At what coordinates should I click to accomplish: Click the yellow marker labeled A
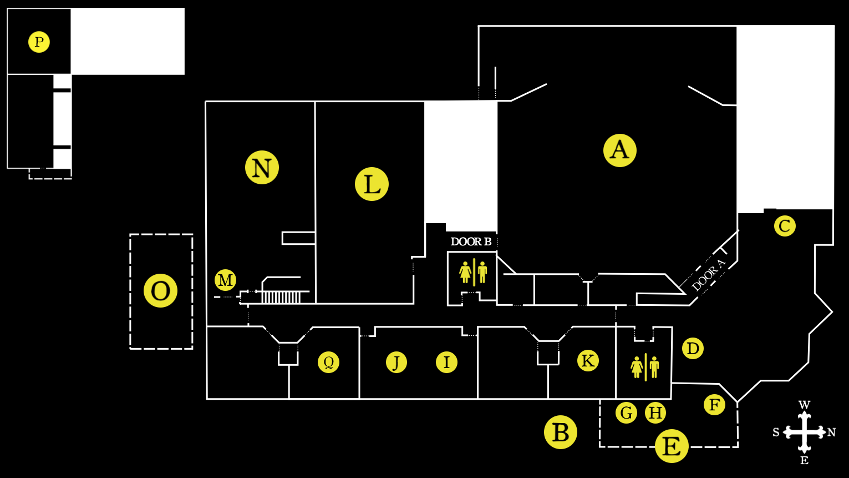coord(619,150)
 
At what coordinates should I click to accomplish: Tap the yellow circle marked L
coord(372,184)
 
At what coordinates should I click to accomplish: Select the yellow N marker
coord(262,168)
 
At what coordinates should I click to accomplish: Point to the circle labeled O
coord(160,291)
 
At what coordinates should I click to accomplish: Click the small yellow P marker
coord(39,42)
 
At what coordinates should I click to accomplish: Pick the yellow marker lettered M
coord(225,280)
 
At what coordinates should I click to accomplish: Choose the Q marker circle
coord(328,363)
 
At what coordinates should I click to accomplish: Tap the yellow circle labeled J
coord(396,363)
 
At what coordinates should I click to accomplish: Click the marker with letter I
coord(446,363)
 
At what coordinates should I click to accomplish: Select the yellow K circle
coord(588,361)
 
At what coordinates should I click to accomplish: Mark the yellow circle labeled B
coord(560,432)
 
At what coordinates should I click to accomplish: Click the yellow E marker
coord(672,446)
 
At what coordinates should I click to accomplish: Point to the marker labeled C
coord(785,226)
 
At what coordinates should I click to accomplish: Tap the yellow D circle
coord(693,349)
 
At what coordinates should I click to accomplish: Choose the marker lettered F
coord(714,405)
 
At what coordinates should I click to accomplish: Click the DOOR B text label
coord(471,242)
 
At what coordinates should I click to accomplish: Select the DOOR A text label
coord(708,275)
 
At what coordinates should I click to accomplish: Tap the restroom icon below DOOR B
coord(473,272)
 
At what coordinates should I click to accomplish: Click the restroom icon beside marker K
coord(645,367)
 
